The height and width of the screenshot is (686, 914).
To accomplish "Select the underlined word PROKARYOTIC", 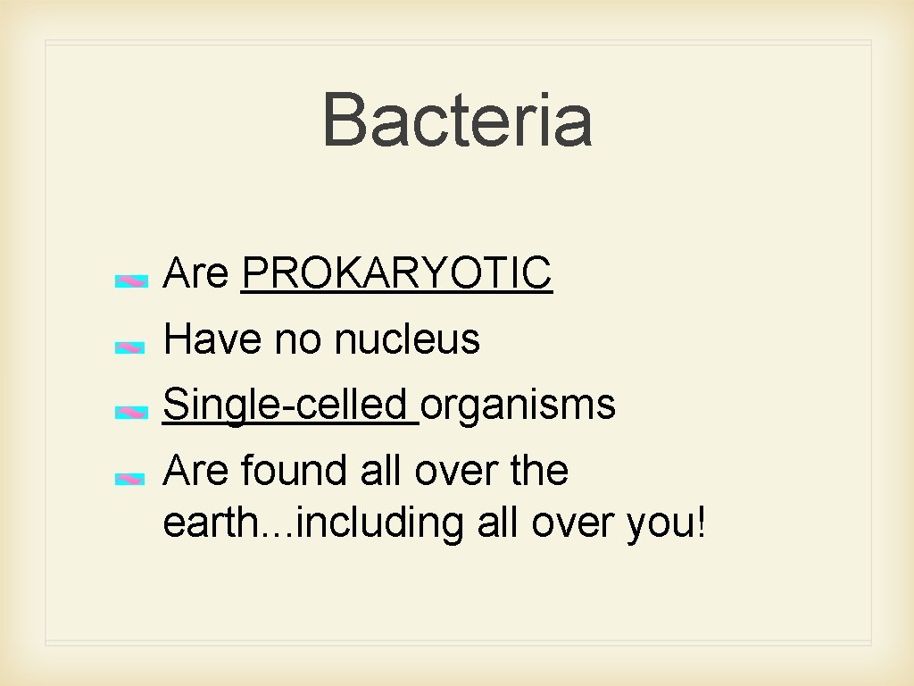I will click(397, 273).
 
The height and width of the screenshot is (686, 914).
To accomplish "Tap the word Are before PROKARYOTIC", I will click(196, 273).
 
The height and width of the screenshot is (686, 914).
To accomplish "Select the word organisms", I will click(519, 405).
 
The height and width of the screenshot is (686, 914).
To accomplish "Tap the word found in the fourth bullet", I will click(297, 471).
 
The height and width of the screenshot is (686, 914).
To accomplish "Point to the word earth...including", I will click(313, 523).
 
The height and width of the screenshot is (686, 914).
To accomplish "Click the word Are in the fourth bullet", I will click(196, 471).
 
